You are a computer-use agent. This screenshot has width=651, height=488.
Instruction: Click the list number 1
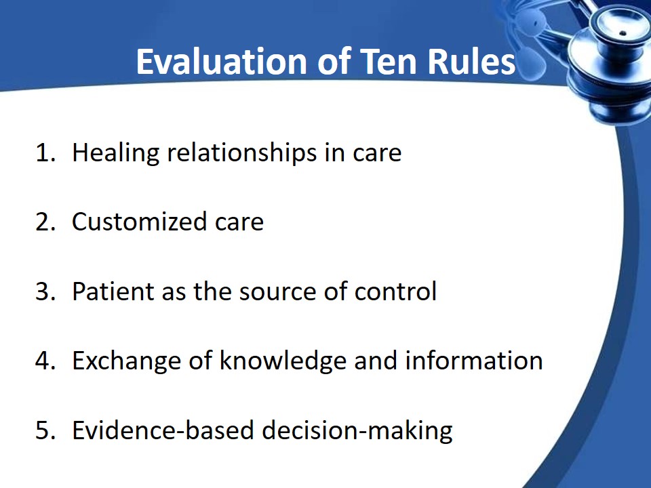coord(45,152)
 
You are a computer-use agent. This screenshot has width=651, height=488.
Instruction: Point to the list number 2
coord(45,222)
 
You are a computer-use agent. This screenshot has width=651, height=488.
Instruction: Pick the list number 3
coord(45,291)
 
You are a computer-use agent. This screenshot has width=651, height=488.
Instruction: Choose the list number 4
coord(45,360)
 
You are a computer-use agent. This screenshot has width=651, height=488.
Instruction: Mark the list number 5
coord(45,430)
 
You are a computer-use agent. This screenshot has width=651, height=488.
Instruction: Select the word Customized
coord(140,222)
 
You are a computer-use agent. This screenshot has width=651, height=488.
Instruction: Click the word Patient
coord(113,291)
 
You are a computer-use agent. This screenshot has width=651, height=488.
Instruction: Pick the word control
coord(395,291)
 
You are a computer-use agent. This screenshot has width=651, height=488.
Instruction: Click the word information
coord(474,360)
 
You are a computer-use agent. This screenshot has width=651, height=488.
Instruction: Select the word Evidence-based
coord(163,430)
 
